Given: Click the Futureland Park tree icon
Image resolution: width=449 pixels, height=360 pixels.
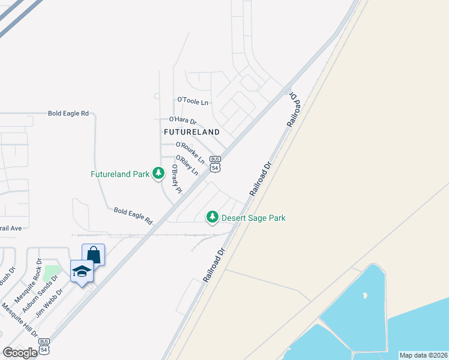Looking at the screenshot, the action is (x=158, y=174).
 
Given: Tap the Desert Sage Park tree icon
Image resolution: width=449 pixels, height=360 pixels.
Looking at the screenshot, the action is (x=212, y=217).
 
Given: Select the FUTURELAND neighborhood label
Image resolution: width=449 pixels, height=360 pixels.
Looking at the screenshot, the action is (x=191, y=131).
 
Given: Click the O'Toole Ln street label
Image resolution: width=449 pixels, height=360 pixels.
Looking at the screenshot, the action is (x=193, y=101).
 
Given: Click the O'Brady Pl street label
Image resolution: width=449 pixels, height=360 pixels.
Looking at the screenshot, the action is (x=176, y=179).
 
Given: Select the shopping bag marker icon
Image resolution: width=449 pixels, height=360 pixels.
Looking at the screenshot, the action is (x=93, y=254).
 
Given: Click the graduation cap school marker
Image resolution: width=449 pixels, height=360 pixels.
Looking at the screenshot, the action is (x=82, y=271).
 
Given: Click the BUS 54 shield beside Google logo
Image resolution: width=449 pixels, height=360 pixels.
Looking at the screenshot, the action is (x=44, y=346).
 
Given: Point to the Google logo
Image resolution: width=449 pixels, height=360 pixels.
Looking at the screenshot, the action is (x=20, y=353).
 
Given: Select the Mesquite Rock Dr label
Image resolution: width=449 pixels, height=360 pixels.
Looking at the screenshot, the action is (x=28, y=275).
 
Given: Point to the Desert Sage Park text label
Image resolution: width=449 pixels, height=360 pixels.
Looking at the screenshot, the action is (x=253, y=218).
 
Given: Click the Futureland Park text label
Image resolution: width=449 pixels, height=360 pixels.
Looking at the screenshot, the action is (x=119, y=175).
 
